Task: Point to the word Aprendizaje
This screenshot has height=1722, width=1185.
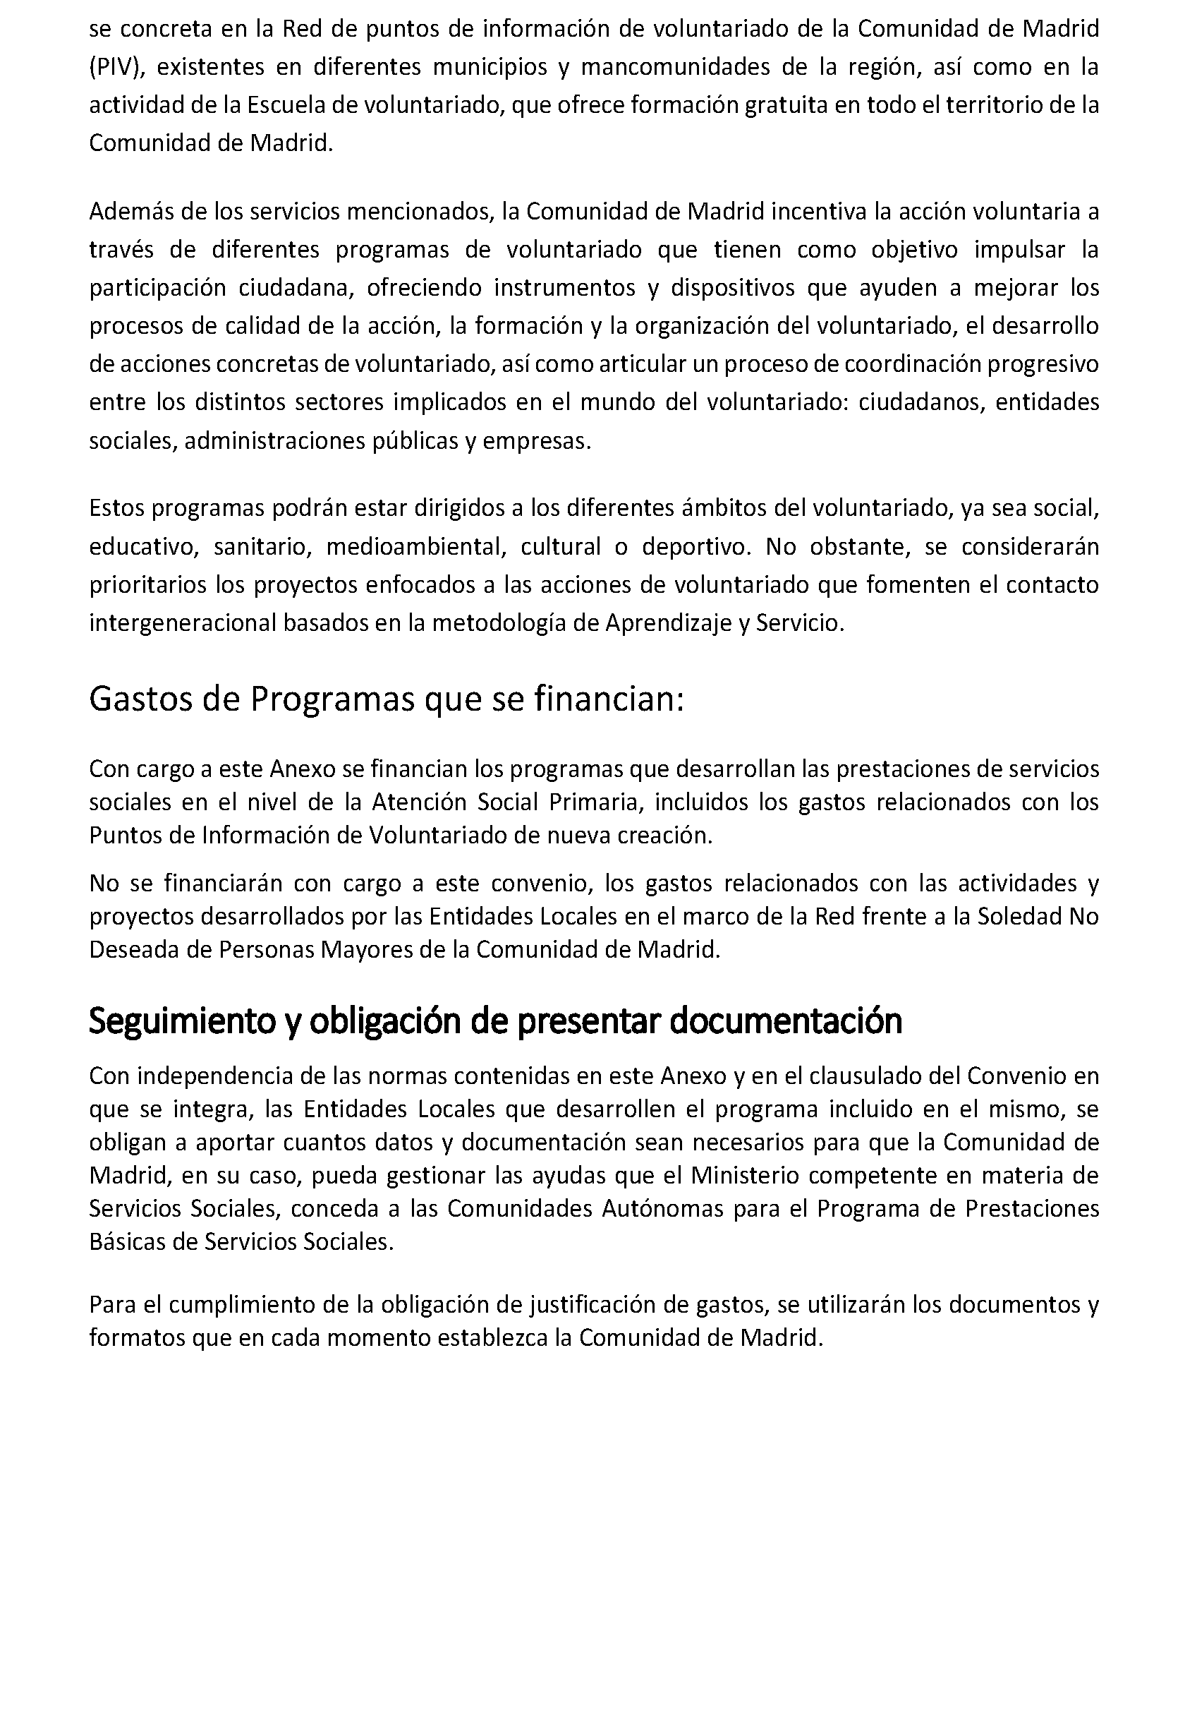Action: click(x=669, y=622)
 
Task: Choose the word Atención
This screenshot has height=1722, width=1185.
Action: click(x=420, y=802)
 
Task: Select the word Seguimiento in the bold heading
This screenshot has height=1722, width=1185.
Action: click(x=182, y=1021)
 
